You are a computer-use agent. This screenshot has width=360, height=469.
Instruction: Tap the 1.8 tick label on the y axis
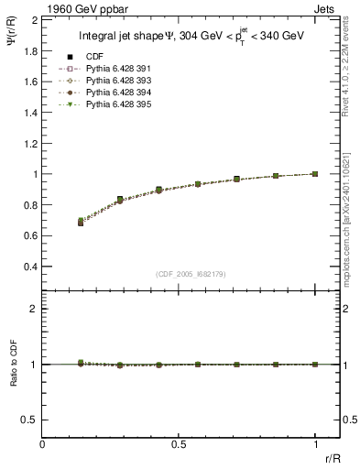coord(29,50)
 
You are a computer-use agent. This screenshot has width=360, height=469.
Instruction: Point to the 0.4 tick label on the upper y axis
coord(29,267)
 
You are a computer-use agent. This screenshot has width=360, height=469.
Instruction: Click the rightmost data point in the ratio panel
coord(316,365)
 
